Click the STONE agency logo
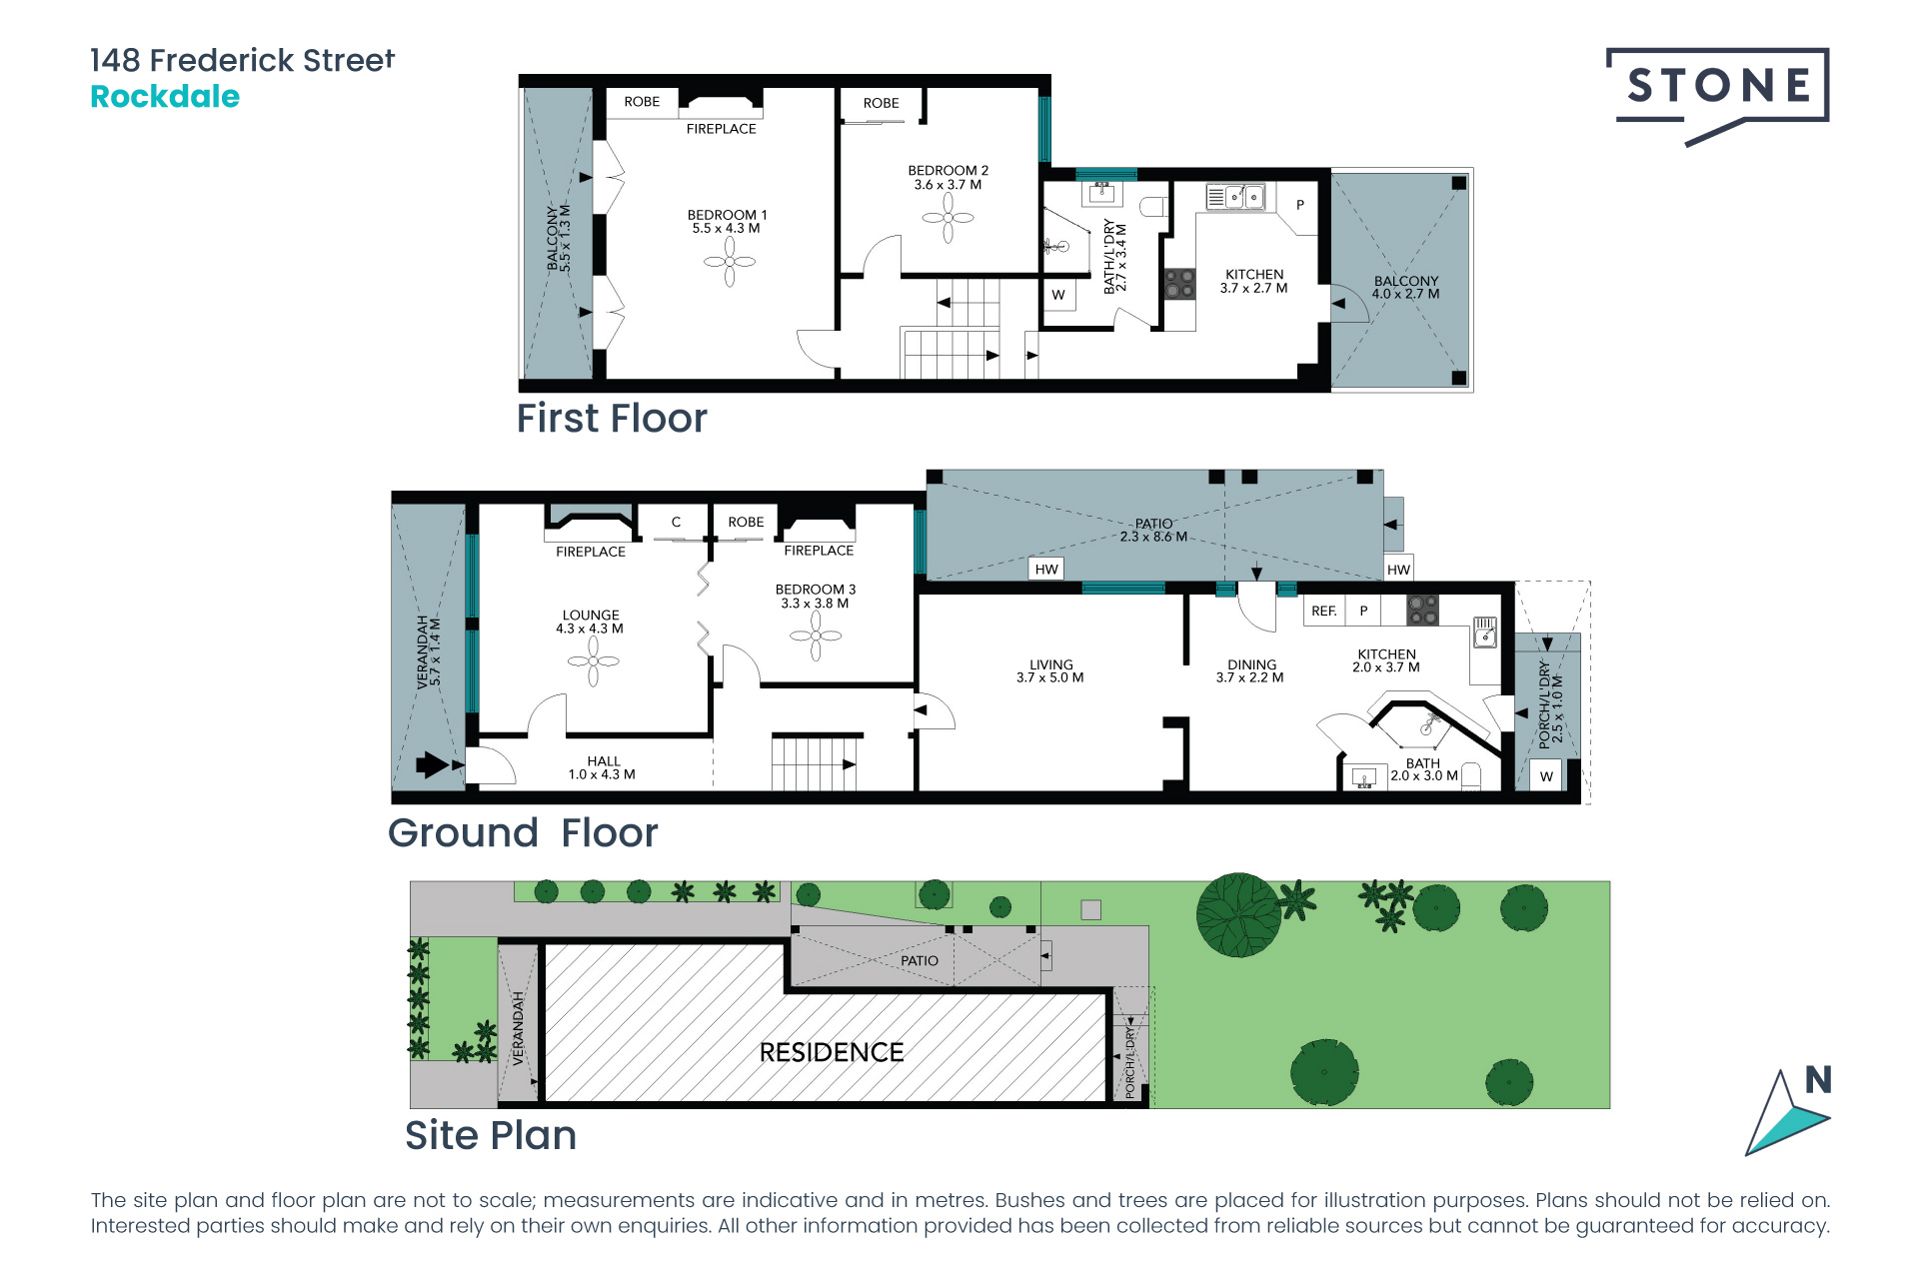coord(1718,95)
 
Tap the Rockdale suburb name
coord(165,97)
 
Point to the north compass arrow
coord(1789,1111)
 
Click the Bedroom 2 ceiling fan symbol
coord(948,217)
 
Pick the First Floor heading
coord(611,418)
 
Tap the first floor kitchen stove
coord(1180,284)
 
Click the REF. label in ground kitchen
coord(1324,611)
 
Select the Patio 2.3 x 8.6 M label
coord(1154,530)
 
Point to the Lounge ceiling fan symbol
coord(594,661)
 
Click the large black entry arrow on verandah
coord(432,765)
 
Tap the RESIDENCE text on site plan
coord(831,1052)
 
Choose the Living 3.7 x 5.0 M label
coord(1050,671)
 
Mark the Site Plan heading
coord(490,1136)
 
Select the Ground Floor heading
coord(523,833)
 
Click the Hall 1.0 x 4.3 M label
coord(602,768)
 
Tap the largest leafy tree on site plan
coord(1239,915)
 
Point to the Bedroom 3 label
coord(815,596)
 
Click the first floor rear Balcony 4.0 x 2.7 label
coord(1406,288)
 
